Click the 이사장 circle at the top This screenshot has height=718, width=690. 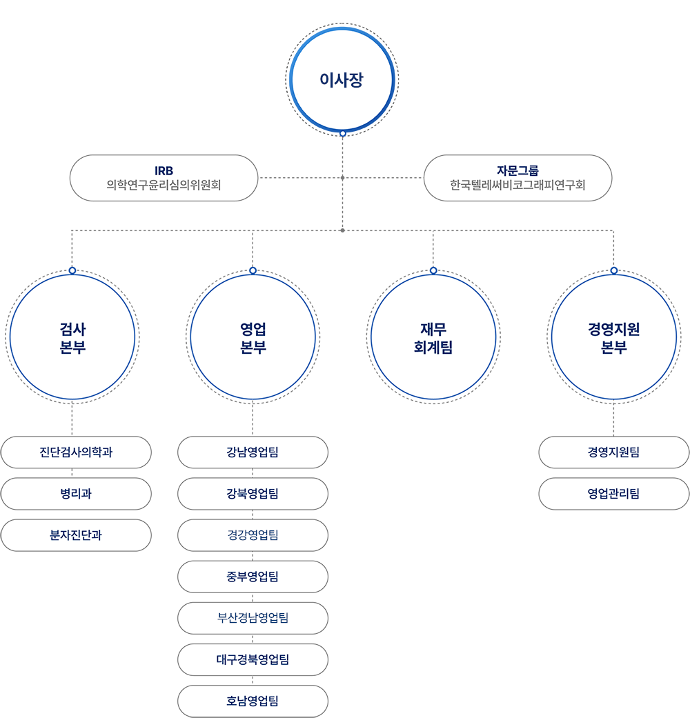pos(342,80)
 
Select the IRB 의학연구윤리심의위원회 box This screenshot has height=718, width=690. pos(164,178)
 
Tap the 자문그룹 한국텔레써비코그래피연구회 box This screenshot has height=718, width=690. pos(517,178)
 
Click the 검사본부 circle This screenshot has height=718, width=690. pos(72,337)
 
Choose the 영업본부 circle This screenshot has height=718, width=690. pos(253,337)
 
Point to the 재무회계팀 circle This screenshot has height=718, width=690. pos(433,337)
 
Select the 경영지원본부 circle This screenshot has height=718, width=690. pos(613,337)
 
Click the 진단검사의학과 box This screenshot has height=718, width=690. pos(76,452)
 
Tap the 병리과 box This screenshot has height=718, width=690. pos(76,494)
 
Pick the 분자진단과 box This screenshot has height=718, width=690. pos(76,535)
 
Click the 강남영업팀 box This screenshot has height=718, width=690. pos(253,452)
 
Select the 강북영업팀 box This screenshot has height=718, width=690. pos(253,494)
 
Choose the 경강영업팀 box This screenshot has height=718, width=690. pos(253,535)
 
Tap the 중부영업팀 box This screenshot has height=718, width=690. pos(253,577)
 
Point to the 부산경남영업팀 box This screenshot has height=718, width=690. pos(253,618)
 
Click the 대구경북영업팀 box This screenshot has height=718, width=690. pos(253,659)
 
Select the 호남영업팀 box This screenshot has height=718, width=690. pos(253,701)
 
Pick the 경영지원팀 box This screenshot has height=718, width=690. pos(613,452)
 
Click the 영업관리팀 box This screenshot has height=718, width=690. pos(613,494)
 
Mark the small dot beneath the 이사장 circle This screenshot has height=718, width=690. pos(342,133)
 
